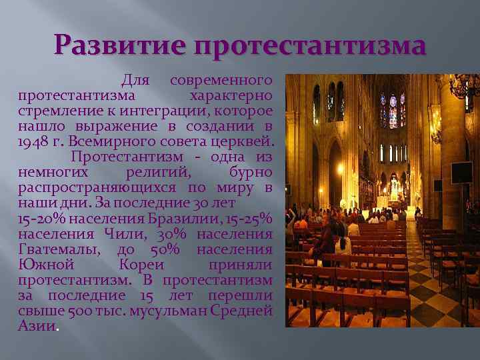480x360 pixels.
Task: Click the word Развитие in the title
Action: point(121,46)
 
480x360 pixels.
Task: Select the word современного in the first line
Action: point(221,81)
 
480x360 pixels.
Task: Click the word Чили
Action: point(122,234)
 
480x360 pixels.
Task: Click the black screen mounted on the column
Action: point(461,172)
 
